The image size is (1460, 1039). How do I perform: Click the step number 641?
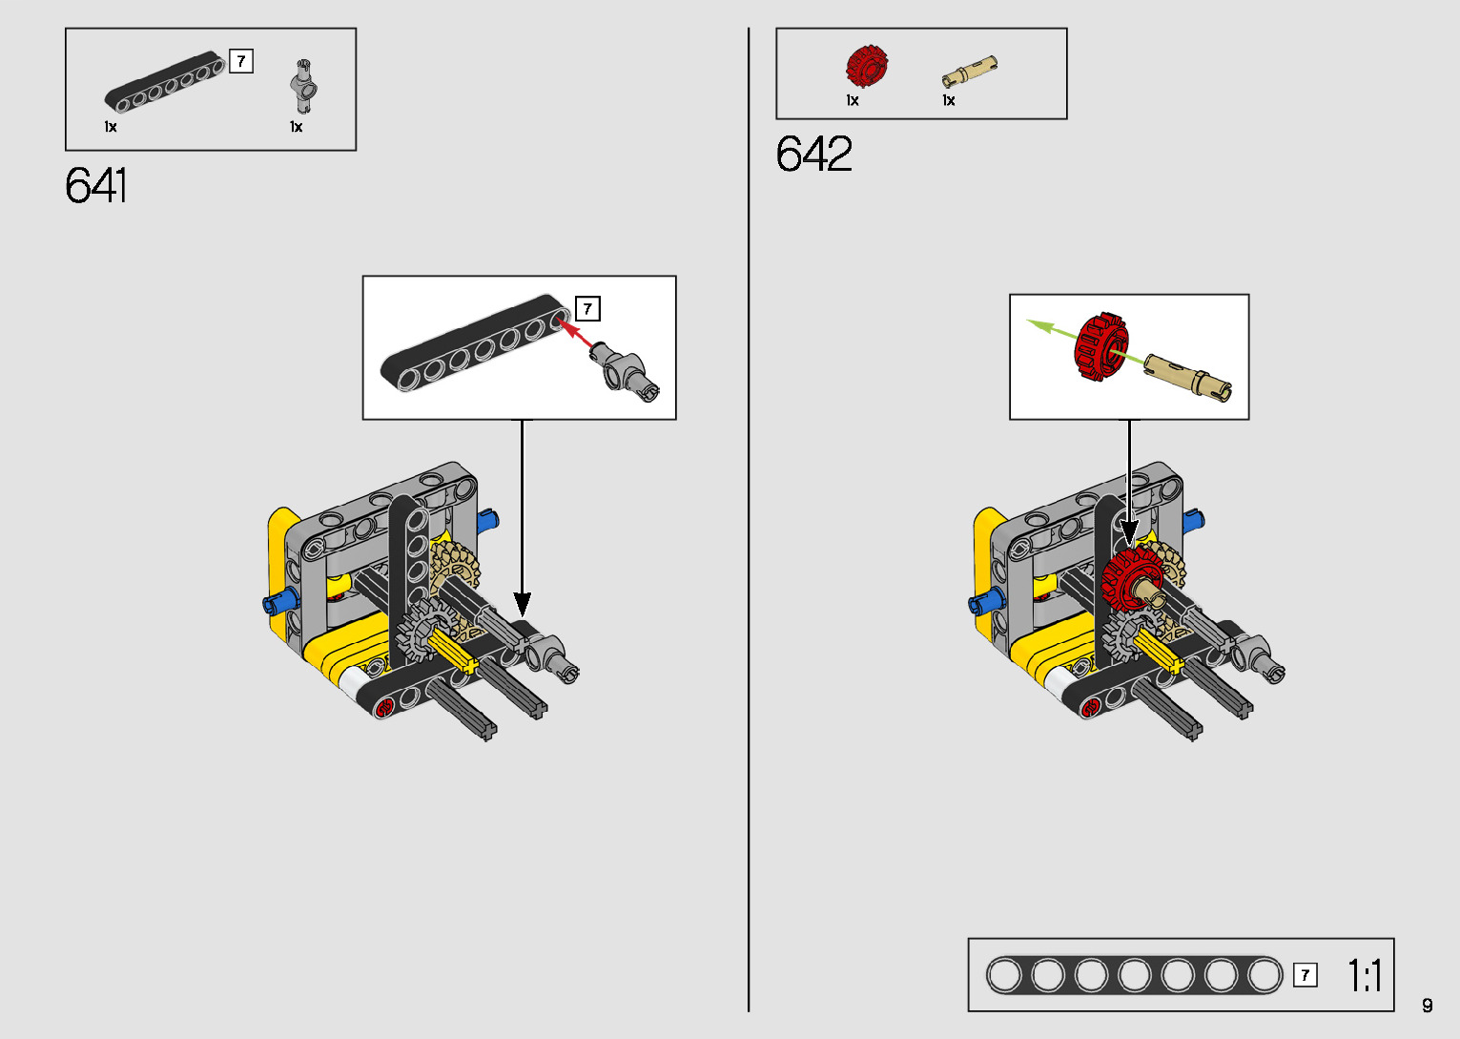[95, 186]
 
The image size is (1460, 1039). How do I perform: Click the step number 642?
[813, 154]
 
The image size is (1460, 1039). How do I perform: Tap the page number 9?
[1428, 1005]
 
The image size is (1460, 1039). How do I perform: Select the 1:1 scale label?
[1365, 976]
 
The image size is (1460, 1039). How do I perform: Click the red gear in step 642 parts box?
[867, 66]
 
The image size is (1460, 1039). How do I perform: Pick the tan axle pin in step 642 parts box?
[969, 72]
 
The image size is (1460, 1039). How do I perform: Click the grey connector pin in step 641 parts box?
[303, 86]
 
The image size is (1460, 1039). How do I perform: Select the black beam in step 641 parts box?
[165, 81]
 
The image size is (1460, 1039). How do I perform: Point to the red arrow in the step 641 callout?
[576, 333]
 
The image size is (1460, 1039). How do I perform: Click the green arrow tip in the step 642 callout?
[1028, 321]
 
